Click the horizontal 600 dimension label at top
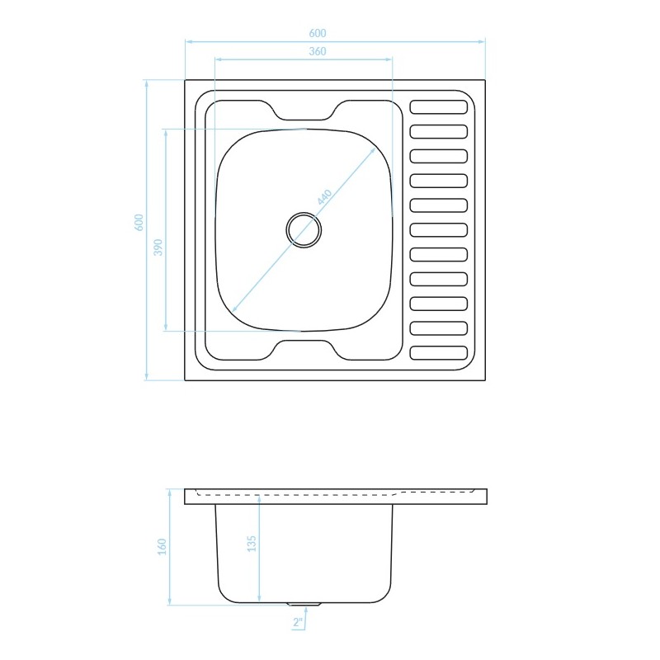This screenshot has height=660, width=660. tap(318, 33)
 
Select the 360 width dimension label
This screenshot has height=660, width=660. tap(318, 51)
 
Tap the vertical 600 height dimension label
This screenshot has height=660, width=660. tap(139, 222)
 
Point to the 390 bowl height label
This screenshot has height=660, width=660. tap(158, 247)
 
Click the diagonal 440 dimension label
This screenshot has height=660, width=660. tap(324, 197)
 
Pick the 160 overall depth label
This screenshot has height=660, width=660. tap(162, 547)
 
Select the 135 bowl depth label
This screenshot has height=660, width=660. tap(252, 544)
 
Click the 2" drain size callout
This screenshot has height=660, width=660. tap(298, 622)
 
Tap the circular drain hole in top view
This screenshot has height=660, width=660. tap(304, 230)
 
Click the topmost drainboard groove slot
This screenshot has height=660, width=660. tap(439, 107)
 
